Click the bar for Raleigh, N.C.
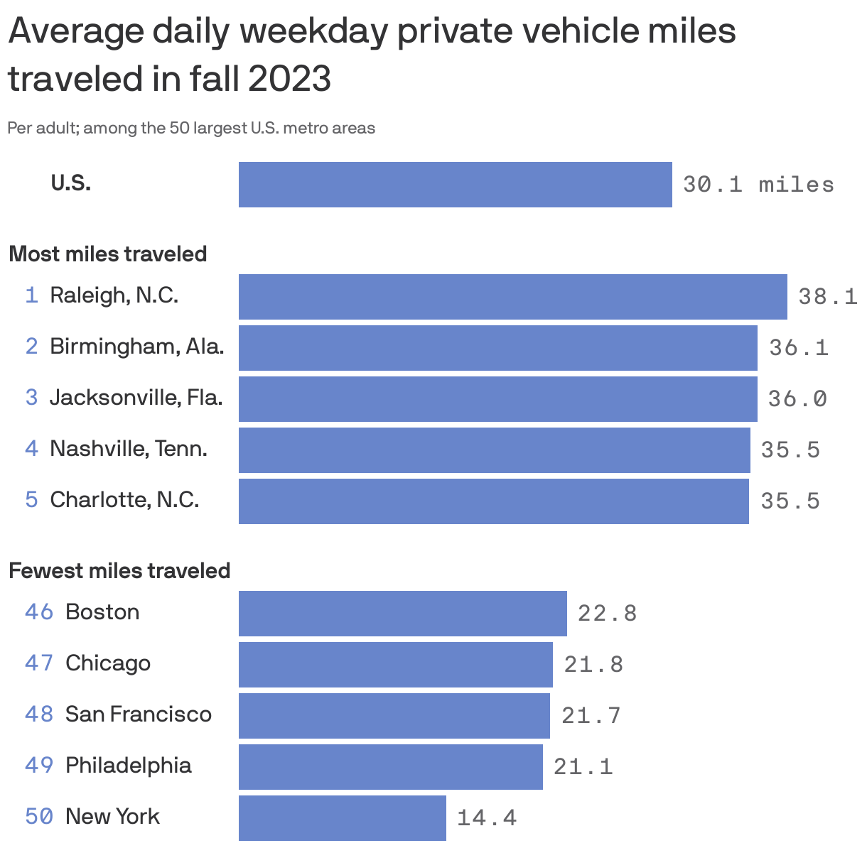(512, 296)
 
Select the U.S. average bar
(455, 185)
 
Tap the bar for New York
(342, 817)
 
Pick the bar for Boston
(402, 613)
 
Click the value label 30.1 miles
(758, 185)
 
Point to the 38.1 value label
(827, 296)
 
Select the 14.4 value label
(486, 817)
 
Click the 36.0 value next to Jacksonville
(797, 398)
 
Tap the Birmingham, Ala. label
(136, 347)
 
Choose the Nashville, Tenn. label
(128, 449)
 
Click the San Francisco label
(138, 714)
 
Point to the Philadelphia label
(128, 765)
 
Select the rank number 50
(39, 816)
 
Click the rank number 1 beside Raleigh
(31, 295)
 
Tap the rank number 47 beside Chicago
(39, 663)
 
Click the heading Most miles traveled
(107, 254)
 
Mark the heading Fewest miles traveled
(119, 571)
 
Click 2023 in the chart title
(289, 78)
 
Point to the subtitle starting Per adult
(191, 129)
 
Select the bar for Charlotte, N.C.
(493, 501)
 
